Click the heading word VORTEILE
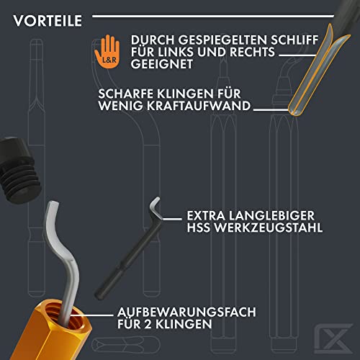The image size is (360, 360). tap(48, 21)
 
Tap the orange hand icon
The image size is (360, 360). tap(107, 52)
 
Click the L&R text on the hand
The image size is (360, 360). tap(109, 60)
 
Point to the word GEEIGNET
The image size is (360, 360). tap(162, 64)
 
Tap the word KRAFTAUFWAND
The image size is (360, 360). tap(199, 106)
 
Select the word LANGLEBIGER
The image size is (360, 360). tap(271, 215)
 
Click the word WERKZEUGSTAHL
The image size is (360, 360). tap(269, 228)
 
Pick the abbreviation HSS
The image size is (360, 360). tap(199, 228)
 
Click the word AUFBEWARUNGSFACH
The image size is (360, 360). tap(186, 312)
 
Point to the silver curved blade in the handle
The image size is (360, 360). tap(63, 259)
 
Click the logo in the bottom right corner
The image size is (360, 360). tap(333, 338)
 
